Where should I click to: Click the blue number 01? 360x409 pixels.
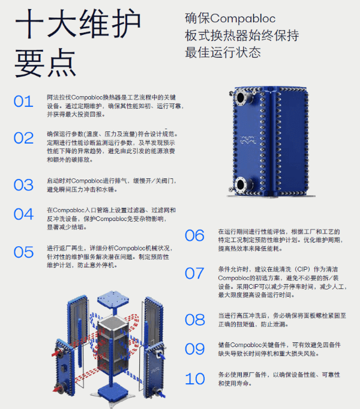pyautogui.click(x=23, y=101)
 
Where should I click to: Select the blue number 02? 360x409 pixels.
pyautogui.click(x=23, y=138)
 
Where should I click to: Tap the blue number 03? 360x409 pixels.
pyautogui.click(x=23, y=184)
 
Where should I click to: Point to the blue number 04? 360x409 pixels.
pyautogui.click(x=23, y=214)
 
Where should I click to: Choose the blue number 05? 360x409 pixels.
pyautogui.click(x=23, y=252)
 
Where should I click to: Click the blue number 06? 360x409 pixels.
pyautogui.click(x=194, y=235)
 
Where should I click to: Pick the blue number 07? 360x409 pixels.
pyautogui.click(x=194, y=274)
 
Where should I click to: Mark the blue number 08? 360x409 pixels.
pyautogui.click(x=194, y=320)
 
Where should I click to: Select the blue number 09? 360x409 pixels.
pyautogui.click(x=194, y=349)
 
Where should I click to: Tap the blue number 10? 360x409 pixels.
pyautogui.click(x=194, y=379)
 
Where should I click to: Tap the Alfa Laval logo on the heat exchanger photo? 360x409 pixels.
pyautogui.click(x=248, y=142)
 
